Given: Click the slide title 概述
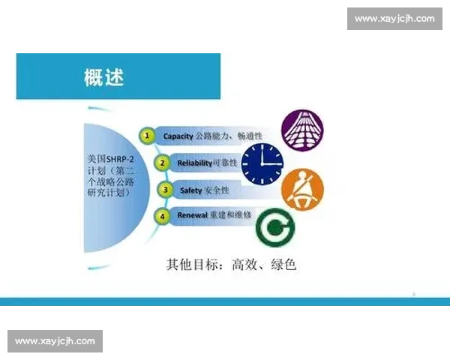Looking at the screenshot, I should tap(104, 76).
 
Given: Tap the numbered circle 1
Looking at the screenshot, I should tap(148, 136).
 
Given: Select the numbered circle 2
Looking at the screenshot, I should tap(160, 163).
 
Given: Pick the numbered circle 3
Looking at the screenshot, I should tap(165, 190).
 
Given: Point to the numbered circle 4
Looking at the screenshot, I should tap(160, 217).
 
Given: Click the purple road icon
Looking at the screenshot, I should tap(302, 128).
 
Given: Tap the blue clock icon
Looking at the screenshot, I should tap(262, 163).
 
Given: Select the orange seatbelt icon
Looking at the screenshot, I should tap(304, 189).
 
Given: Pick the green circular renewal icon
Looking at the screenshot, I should tap(274, 226).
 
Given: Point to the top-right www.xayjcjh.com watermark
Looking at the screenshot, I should tap(392, 19).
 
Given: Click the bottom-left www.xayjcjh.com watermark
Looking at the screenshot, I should tap(55, 341).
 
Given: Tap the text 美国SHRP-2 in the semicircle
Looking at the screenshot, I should tap(112, 160).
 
